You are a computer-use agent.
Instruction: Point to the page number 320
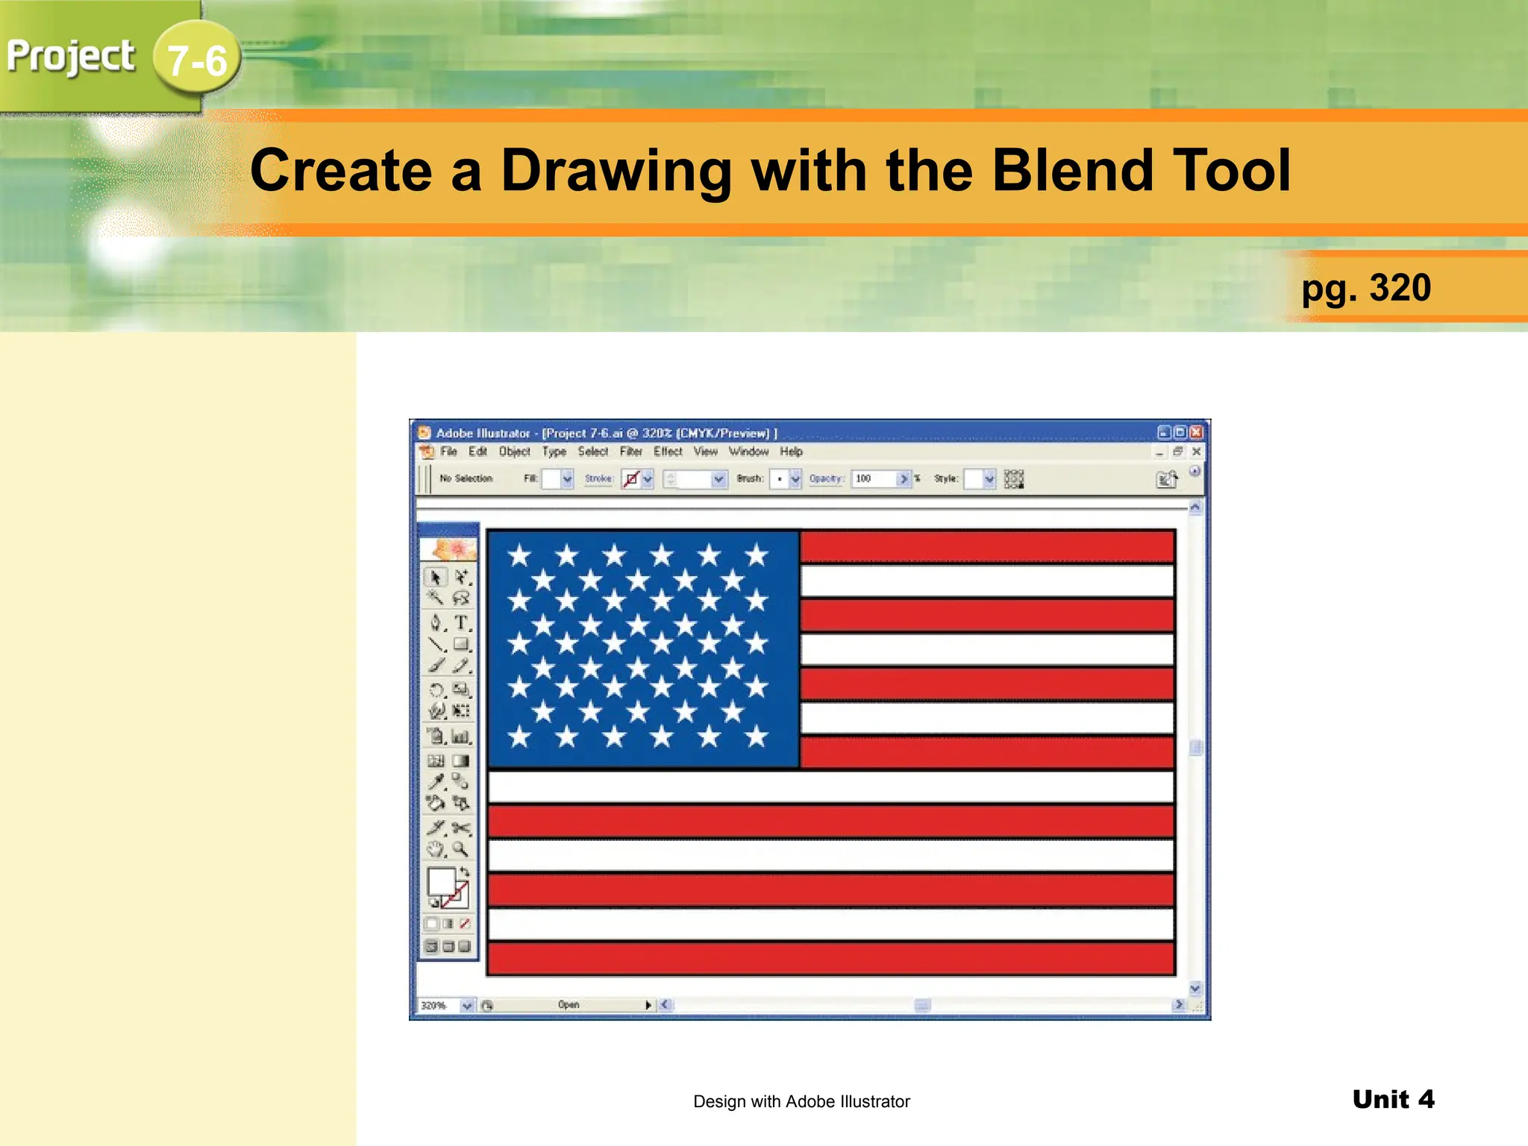1400,288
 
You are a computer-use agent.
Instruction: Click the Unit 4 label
1393,1099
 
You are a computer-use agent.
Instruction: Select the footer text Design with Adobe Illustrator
801,1101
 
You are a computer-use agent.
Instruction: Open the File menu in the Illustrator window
448,451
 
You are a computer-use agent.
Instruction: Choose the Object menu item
514,451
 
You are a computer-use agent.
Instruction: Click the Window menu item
748,451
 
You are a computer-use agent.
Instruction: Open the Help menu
791,451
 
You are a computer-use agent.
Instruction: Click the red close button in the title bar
1197,433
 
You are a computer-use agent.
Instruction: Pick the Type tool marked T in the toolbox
462,622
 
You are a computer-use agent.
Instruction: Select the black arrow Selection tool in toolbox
436,577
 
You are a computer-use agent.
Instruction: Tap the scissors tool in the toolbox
461,827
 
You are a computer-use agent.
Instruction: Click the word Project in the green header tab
71,57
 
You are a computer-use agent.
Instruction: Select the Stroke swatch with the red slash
631,478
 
